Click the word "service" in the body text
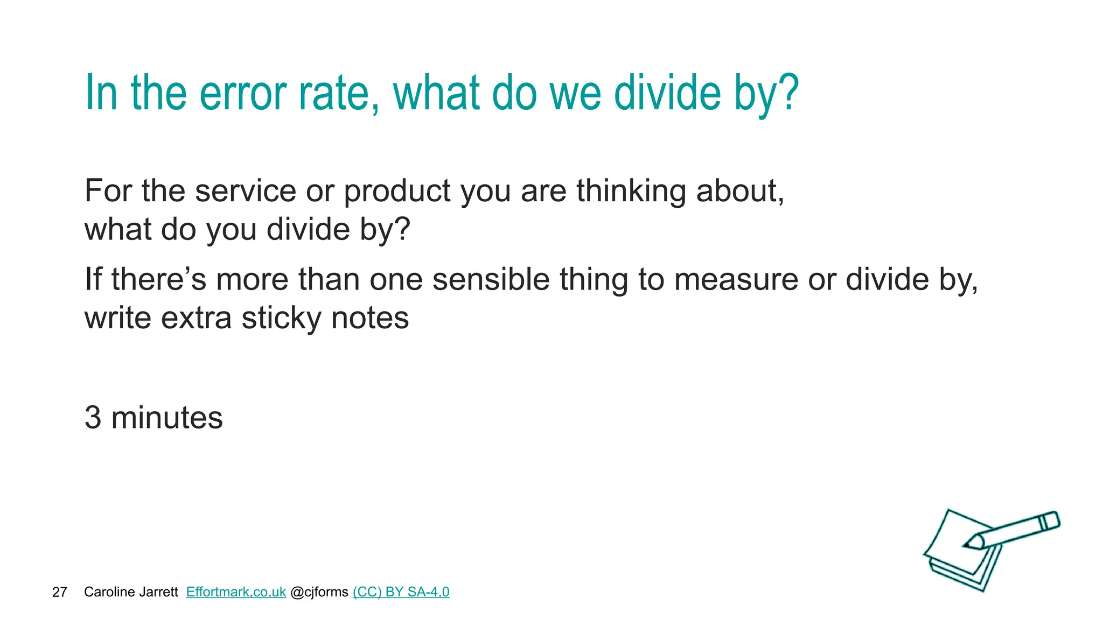tap(246, 191)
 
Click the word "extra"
tap(196, 318)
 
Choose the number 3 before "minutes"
tap(93, 418)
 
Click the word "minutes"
tap(167, 418)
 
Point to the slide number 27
tap(59, 592)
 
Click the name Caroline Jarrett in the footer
tap(131, 592)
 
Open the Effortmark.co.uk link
tap(236, 592)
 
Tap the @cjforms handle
tap(319, 592)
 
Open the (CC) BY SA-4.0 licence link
tap(401, 592)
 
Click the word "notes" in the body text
tap(370, 319)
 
